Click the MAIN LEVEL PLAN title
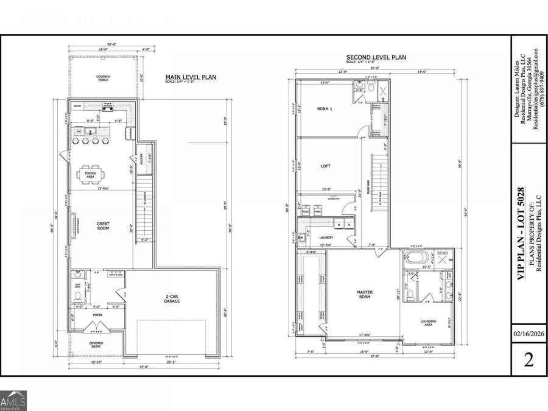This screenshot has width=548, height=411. [x=191, y=77]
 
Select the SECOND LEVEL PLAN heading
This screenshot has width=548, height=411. [x=376, y=57]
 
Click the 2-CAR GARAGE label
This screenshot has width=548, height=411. [x=172, y=299]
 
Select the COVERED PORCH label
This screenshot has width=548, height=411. [x=102, y=79]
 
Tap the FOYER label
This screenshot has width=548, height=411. [x=97, y=315]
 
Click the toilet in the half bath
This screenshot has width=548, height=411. [x=76, y=296]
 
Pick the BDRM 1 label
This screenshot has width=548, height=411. [x=325, y=110]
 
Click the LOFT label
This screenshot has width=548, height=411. [x=325, y=165]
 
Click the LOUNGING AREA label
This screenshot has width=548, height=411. [x=428, y=324]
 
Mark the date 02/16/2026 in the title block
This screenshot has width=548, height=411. [x=529, y=334]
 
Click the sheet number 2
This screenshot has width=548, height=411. [x=529, y=360]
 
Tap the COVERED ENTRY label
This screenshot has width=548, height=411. [x=96, y=345]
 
